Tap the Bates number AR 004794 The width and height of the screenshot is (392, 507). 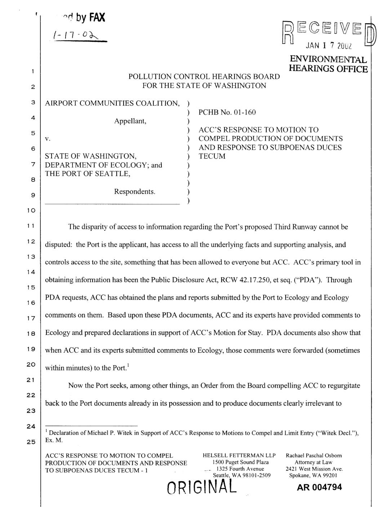(x=319, y=488)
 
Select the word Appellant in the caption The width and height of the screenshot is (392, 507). (x=130, y=121)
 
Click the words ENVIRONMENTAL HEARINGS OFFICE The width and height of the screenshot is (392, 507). (x=328, y=64)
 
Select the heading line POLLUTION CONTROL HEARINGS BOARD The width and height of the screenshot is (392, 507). (x=204, y=76)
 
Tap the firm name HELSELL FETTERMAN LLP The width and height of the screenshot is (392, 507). (x=239, y=455)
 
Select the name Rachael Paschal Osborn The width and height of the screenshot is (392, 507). (x=313, y=455)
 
